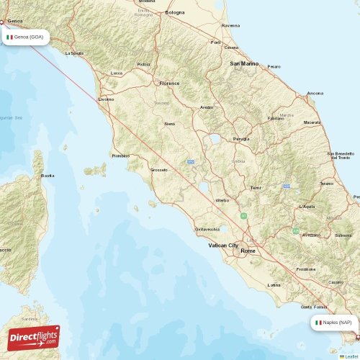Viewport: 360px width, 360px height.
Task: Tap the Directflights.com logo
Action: [x=34, y=337]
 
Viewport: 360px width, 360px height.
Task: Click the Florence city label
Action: [x=169, y=84]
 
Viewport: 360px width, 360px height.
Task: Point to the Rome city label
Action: [x=248, y=251]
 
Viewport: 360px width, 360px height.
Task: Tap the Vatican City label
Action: [x=222, y=246]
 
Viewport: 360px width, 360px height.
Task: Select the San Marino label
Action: [x=244, y=64]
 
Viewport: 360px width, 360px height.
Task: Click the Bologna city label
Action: [x=175, y=12]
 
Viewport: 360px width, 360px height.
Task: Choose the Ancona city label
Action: [x=315, y=93]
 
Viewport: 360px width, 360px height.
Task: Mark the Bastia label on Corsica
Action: [x=48, y=175]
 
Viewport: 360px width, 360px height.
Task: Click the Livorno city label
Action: [x=106, y=99]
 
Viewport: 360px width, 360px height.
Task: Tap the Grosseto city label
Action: [x=158, y=170]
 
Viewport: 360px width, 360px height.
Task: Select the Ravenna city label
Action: [x=230, y=25]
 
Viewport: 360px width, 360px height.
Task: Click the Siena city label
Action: [x=170, y=124]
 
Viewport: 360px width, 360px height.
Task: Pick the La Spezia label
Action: [x=74, y=53]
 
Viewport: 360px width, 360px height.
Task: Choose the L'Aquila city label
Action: [x=307, y=207]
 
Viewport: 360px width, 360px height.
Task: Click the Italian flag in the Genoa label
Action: [x=10, y=37]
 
